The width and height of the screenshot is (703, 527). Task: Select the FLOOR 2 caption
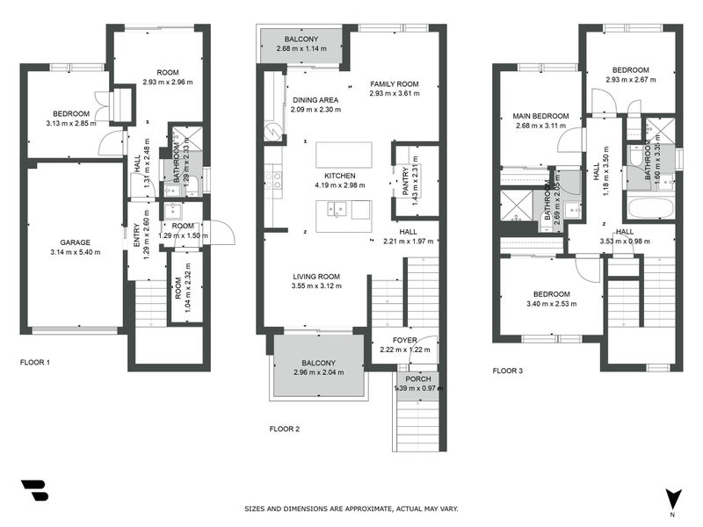(285, 429)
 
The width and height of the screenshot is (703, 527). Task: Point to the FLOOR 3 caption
(507, 371)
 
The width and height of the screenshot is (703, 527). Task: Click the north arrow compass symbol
(673, 499)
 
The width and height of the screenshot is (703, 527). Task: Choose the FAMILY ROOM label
(394, 83)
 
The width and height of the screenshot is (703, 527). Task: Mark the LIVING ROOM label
(316, 277)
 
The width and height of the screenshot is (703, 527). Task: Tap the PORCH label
(417, 379)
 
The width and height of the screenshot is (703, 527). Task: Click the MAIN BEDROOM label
(540, 116)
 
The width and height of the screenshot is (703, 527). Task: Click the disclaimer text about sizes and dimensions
(351, 509)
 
